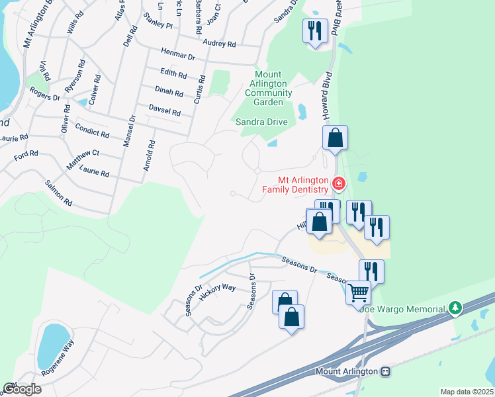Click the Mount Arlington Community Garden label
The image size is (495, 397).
pos(268,89)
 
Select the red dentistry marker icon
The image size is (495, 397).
pos(338,183)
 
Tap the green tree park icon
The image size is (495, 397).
pos(455,308)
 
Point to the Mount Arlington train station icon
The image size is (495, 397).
pos(385,371)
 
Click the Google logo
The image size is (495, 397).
pos(21,389)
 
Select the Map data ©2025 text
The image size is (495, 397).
pos(467,392)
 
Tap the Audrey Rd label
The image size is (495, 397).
pos(220,44)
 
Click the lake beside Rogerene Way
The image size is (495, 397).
pos(50,345)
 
